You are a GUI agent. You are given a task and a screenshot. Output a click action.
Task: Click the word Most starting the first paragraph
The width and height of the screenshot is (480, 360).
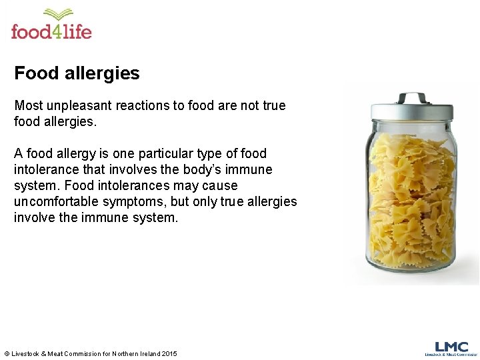(29, 105)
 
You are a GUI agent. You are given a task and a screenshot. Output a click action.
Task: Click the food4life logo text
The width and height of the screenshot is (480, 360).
(51, 31)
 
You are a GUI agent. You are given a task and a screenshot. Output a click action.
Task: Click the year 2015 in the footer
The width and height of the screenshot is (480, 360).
(169, 353)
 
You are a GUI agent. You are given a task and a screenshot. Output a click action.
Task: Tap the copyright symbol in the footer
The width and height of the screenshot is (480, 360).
(7, 353)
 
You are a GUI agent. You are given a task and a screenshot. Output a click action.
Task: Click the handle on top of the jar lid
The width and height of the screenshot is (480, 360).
(412, 98)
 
